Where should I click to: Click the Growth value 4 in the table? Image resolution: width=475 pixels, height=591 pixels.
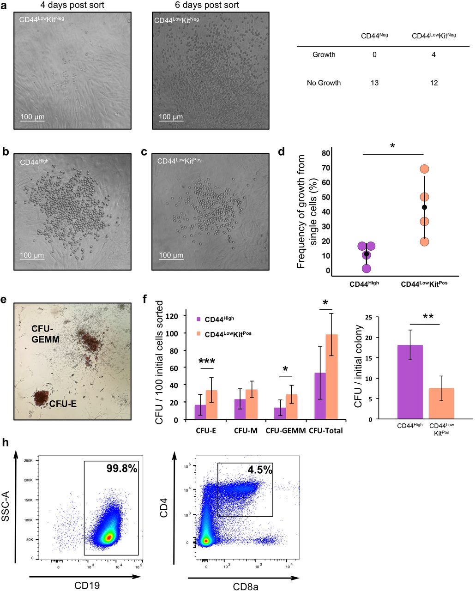coord(433,55)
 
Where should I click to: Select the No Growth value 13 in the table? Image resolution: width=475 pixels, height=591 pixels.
coord(374,83)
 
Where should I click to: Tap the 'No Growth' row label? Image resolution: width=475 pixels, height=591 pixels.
coord(324,83)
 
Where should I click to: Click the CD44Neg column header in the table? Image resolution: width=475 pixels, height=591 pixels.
coord(374,36)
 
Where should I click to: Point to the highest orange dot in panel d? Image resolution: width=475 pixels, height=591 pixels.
coord(425,169)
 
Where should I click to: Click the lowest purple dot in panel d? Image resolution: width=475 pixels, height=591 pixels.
coord(366,268)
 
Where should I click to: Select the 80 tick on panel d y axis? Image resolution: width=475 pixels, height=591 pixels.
coord(326,153)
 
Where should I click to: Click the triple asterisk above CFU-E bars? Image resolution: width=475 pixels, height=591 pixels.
coord(207,361)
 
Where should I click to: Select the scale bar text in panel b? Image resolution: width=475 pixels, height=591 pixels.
coord(32,255)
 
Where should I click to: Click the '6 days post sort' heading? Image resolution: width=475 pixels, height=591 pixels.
coord(210,5)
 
